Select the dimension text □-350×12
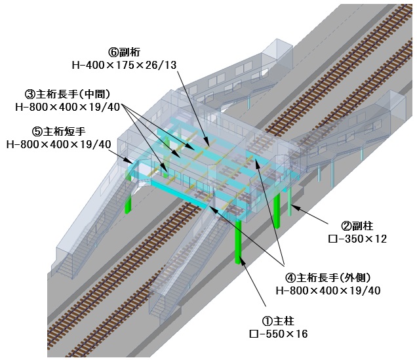357,239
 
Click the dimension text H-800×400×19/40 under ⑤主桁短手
57,144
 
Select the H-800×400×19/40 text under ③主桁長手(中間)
64,106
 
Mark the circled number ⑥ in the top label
112,50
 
